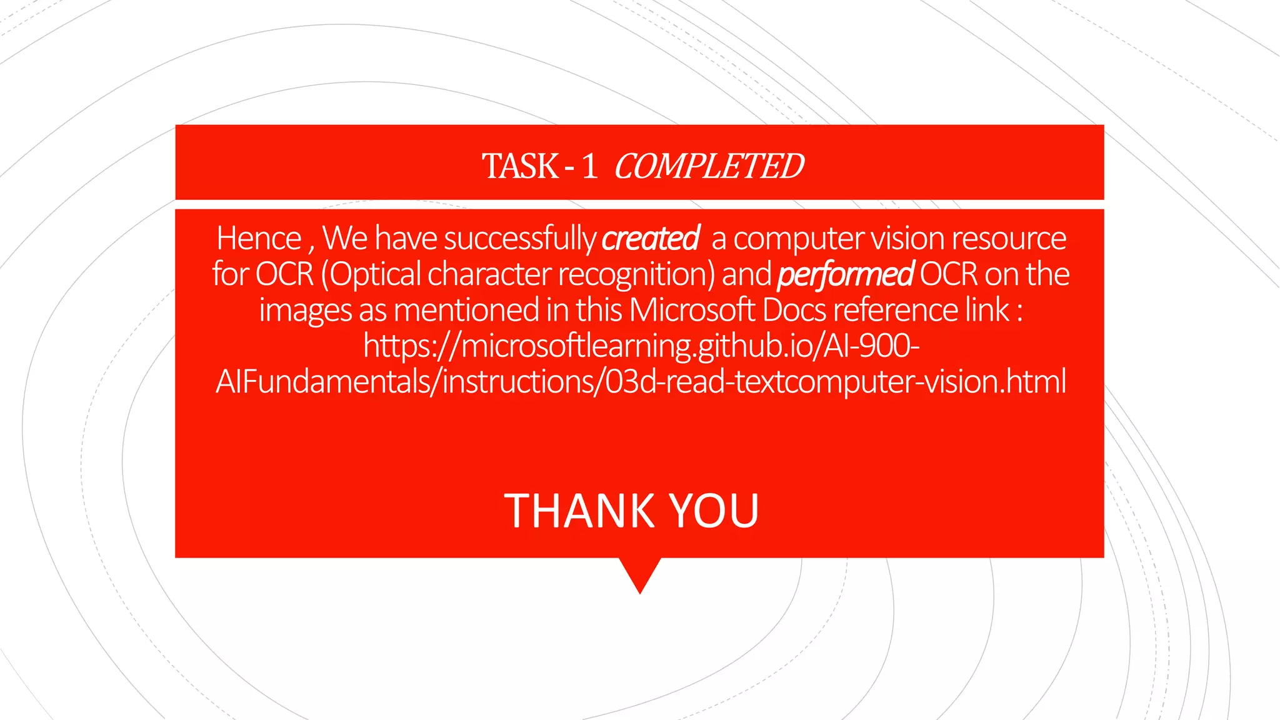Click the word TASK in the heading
520,166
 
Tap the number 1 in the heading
589,166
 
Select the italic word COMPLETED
709,166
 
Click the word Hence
259,238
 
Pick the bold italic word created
651,238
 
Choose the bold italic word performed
845,274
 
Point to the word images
305,310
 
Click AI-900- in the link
871,346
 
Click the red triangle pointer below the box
640,572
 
